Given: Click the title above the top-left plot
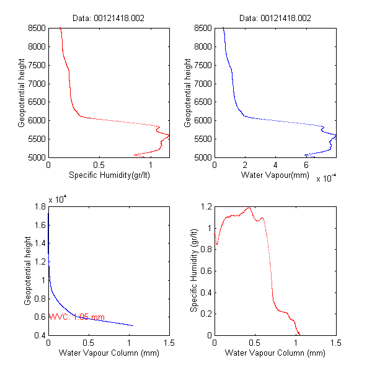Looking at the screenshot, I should [x=108, y=20].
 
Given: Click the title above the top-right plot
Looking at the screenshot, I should [x=275, y=20].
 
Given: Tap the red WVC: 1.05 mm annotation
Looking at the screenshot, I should [x=76, y=317].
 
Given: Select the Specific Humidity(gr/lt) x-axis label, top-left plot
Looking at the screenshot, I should [x=108, y=175].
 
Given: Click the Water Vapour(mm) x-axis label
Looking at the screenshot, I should [x=275, y=175].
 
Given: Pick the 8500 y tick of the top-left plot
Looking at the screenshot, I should [x=36, y=28].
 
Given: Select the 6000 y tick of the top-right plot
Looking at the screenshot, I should [x=202, y=120].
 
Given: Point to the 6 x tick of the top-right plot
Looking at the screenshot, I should [x=306, y=165].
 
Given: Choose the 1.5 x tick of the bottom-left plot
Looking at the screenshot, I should [x=169, y=343].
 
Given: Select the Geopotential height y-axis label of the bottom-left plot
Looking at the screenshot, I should [x=28, y=270].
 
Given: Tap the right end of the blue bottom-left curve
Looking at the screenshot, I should [x=133, y=325].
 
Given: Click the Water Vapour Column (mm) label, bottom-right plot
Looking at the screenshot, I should [x=275, y=353].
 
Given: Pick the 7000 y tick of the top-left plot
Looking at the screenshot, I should [x=36, y=84].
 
